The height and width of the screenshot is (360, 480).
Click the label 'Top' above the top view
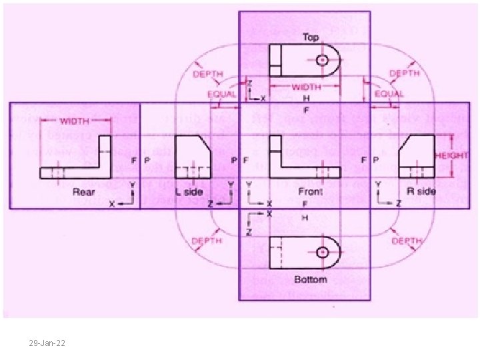(x=311, y=37)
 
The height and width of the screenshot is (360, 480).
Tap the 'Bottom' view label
(x=311, y=279)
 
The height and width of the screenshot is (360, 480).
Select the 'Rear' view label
(x=84, y=191)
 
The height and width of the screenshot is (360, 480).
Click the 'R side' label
(x=421, y=191)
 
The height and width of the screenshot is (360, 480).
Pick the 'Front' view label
(x=310, y=191)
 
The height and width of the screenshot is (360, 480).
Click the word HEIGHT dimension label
(x=452, y=155)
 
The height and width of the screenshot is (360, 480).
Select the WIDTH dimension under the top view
(x=306, y=87)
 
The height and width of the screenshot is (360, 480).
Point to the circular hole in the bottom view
(x=323, y=253)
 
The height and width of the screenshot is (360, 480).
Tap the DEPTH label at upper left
(x=209, y=74)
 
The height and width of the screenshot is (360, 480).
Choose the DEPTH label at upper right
(x=405, y=73)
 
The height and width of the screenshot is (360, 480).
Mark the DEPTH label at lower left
(x=209, y=240)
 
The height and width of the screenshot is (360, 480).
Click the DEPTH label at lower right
(x=406, y=241)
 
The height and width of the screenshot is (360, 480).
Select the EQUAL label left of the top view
(x=221, y=95)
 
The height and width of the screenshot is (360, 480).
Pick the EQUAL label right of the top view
(x=389, y=95)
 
